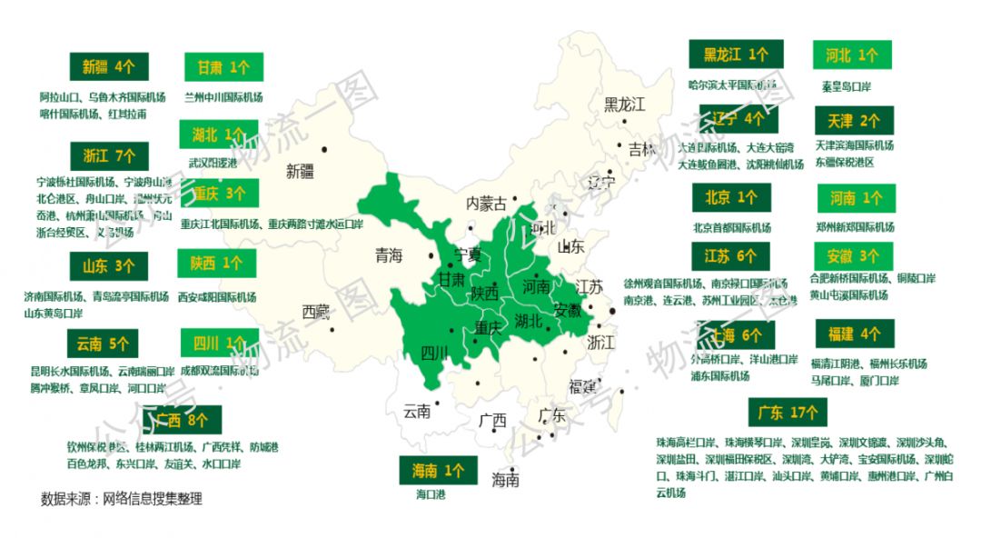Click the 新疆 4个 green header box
click(108, 66)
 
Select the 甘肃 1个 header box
click(223, 67)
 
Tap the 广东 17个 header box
click(788, 413)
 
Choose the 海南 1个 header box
click(439, 472)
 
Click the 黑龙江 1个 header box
click(736, 55)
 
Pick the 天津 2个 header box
click(853, 120)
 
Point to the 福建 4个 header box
click(854, 334)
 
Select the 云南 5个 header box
click(103, 344)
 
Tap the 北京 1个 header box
click(730, 197)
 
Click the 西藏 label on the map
click(316, 312)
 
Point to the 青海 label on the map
click(388, 256)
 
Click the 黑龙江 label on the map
click(624, 105)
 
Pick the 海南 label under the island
click(506, 480)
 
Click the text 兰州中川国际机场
click(223, 96)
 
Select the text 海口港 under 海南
click(431, 494)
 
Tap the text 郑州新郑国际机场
click(855, 226)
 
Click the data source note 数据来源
click(121, 499)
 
